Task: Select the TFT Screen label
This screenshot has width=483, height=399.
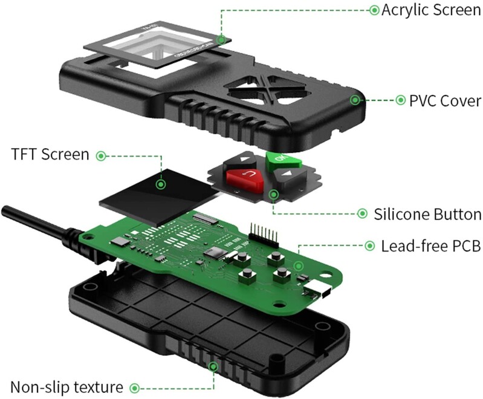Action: point(50,155)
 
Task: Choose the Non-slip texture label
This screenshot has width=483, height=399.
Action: point(66,387)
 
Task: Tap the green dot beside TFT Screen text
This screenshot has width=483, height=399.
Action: point(101,155)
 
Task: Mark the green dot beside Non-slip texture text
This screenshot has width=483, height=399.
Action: point(135,387)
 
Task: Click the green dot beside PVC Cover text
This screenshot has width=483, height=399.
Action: point(400,100)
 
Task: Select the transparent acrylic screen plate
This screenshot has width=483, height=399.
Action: point(155,45)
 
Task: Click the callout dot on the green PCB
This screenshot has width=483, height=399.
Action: point(298,265)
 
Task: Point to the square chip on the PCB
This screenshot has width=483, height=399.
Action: point(213,252)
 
